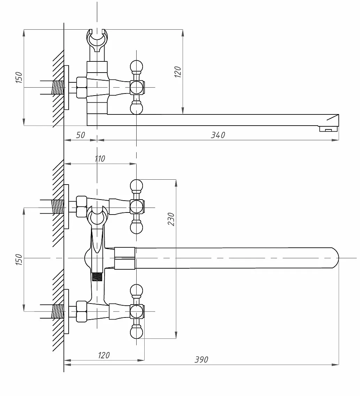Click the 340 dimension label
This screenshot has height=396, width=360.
tap(218, 135)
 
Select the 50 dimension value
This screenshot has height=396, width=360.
tap(81, 135)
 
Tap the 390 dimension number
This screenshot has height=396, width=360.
tap(201, 359)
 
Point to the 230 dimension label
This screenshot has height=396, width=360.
tap(171, 219)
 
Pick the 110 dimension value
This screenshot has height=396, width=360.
tap(100, 159)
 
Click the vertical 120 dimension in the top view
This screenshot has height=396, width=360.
tap(178, 72)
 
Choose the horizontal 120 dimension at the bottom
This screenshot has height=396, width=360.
tap(104, 355)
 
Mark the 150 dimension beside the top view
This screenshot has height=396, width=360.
tap(19, 77)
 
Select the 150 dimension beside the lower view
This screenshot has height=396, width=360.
tap(19, 259)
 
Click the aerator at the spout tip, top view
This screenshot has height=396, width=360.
tap(329, 129)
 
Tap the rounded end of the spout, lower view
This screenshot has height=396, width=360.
tap(335, 258)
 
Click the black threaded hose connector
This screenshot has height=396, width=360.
tap(97, 277)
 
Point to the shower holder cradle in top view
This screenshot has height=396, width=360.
tap(97, 40)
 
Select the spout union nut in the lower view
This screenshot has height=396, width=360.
tap(125, 258)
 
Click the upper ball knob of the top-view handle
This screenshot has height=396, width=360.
tap(137, 67)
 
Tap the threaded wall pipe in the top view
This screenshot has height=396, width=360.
tap(58, 87)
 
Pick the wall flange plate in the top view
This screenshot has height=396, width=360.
tap(66, 88)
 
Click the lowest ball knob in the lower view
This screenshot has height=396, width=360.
tap(137, 332)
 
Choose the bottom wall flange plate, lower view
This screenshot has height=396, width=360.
tap(66, 312)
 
